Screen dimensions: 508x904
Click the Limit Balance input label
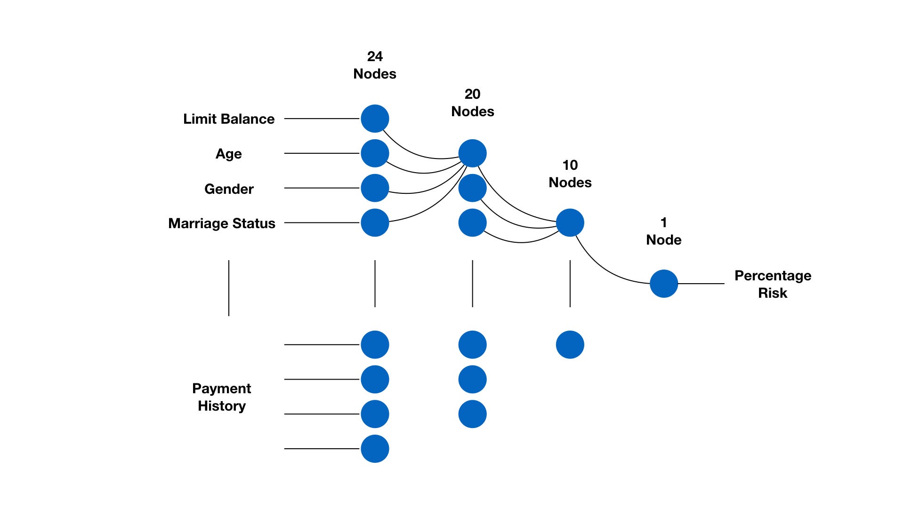click(229, 119)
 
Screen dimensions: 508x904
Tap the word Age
click(229, 154)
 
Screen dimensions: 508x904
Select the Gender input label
click(229, 189)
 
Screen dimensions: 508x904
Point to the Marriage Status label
click(222, 223)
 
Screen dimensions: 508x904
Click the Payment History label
click(222, 397)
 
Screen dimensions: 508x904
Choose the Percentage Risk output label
click(773, 284)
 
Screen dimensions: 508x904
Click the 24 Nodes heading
click(375, 65)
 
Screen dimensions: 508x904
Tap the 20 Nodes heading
click(472, 103)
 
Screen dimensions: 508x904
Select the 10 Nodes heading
click(570, 174)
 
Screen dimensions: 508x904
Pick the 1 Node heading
click(663, 231)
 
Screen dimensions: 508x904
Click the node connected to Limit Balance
click(375, 119)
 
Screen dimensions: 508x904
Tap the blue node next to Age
click(375, 153)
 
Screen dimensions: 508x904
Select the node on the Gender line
click(375, 188)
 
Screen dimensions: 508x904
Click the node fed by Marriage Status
click(375, 222)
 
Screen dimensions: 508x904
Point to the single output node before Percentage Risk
click(663, 284)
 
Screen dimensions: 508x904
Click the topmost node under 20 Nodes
click(472, 153)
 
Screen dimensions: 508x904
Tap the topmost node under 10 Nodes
click(570, 222)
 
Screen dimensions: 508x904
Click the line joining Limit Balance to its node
click(322, 119)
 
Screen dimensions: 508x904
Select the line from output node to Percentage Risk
click(701, 284)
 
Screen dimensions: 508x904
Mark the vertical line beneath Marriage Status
click(229, 288)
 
